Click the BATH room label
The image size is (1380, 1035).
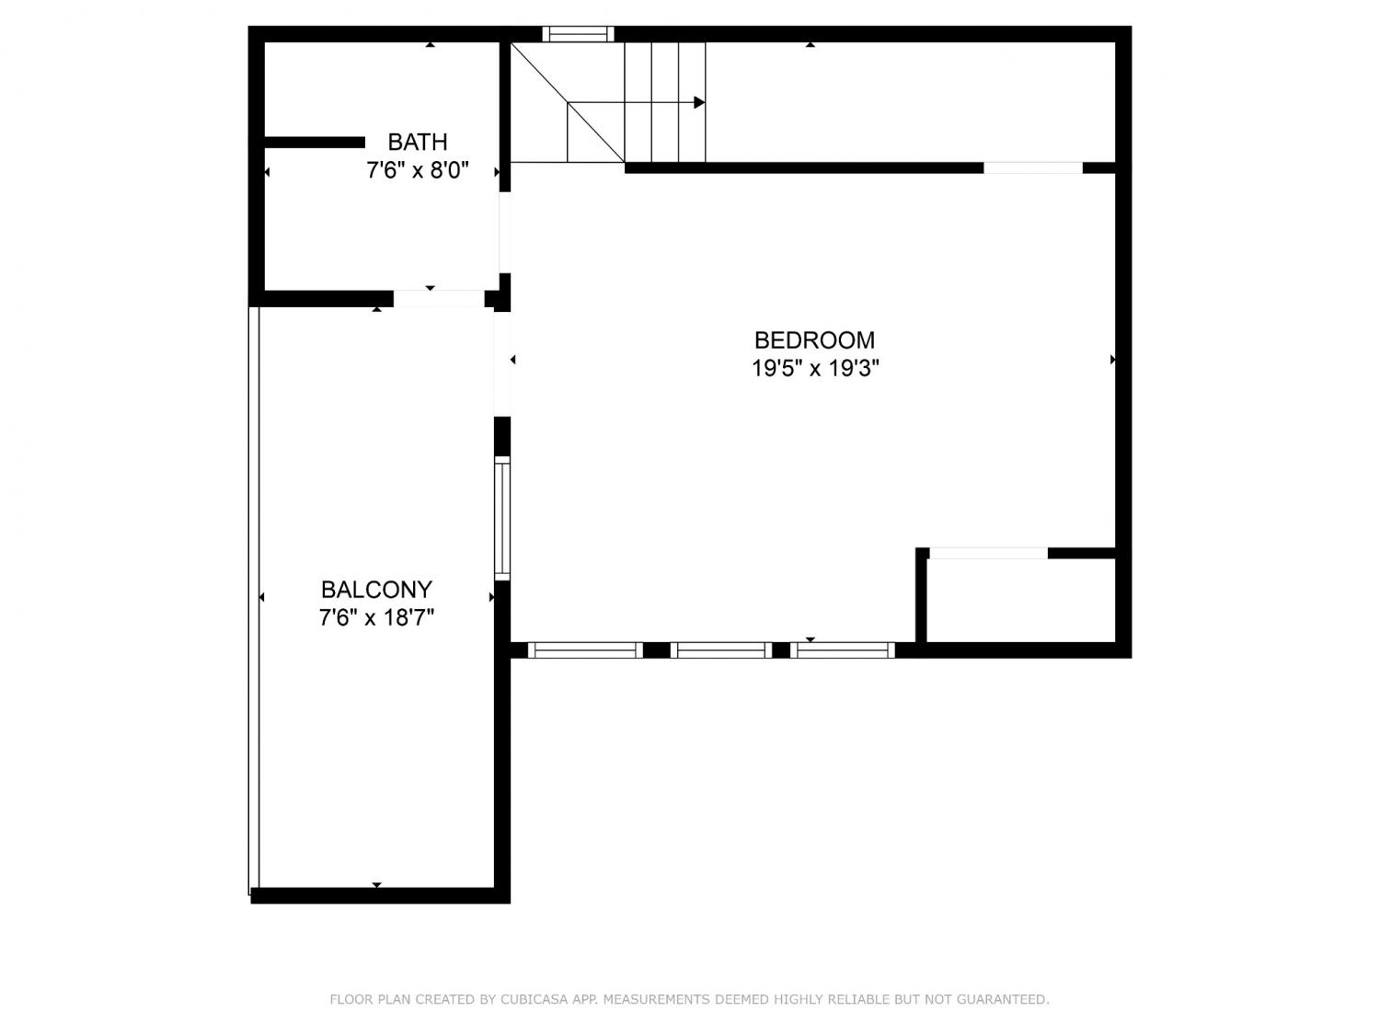coord(418,142)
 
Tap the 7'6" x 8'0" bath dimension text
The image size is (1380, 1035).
coord(418,170)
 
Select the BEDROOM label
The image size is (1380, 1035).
coord(814,340)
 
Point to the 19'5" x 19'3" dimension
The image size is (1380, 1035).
coord(815,368)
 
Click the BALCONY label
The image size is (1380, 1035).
coord(376,590)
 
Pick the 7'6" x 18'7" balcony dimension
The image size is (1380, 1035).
coord(376,618)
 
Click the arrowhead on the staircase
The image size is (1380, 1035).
coord(699,102)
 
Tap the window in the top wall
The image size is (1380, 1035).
coord(578,34)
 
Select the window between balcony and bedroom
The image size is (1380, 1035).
coord(501,519)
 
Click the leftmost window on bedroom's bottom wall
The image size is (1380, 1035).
coord(585,650)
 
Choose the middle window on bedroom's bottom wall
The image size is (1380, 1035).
coord(721,650)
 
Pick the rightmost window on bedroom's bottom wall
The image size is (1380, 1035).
coord(843,650)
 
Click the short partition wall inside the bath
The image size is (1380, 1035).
coord(315,143)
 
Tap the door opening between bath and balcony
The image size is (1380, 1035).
coord(439,298)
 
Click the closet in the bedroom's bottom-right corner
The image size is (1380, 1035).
coord(1021,600)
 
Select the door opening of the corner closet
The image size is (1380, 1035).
coord(988,553)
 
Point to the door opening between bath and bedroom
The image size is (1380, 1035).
coord(505,233)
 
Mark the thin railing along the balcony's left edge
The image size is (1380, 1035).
coord(254,600)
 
